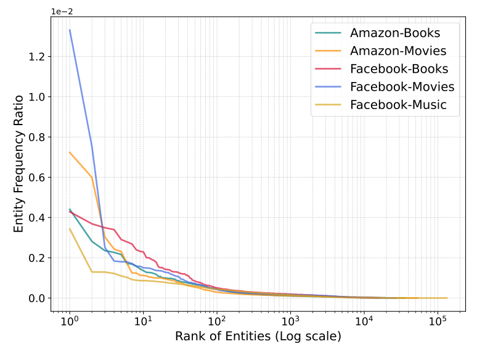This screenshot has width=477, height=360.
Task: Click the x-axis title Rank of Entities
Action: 258,337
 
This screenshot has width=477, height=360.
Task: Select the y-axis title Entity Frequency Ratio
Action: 18,163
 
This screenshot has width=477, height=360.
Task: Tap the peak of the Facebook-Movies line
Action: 70,30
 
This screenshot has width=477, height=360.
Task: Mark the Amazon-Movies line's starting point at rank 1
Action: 70,152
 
